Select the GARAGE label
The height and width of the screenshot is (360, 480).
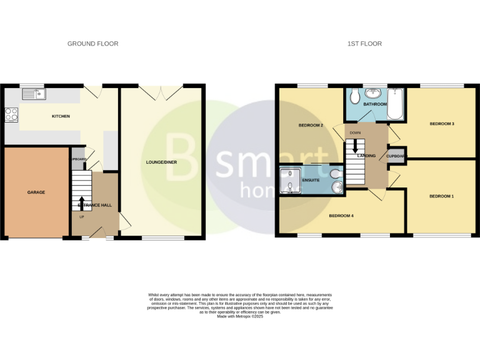click(x=36, y=192)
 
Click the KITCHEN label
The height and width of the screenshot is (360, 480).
click(x=61, y=116)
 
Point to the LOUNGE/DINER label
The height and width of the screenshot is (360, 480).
click(x=161, y=162)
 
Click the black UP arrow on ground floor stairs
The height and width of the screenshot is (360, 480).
click(x=81, y=202)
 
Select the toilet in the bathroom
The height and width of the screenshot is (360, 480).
click(x=354, y=96)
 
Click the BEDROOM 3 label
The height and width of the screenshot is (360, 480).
click(x=441, y=124)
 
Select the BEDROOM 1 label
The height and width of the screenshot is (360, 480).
click(x=441, y=196)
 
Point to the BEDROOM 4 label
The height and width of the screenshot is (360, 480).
click(x=341, y=216)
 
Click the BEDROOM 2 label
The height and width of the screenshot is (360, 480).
click(x=311, y=126)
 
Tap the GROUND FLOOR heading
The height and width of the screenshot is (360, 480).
click(x=92, y=44)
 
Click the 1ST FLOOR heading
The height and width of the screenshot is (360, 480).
click(x=365, y=44)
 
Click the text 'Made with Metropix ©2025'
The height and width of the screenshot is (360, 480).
click(x=240, y=317)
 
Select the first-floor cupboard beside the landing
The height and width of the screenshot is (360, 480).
click(x=397, y=156)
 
